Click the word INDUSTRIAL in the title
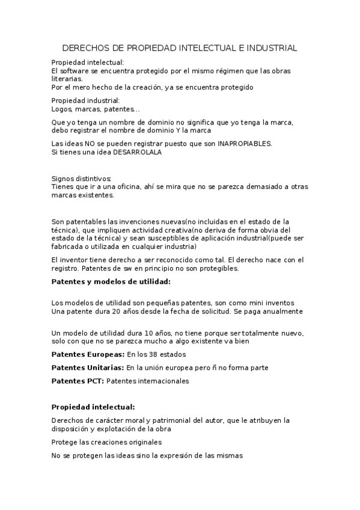tap(268, 48)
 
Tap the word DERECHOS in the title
tap(84, 48)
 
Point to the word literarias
tap(67, 79)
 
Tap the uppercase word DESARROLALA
tap(129, 152)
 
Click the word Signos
tap(63, 179)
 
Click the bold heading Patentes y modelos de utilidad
tap(111, 281)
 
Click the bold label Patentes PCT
tap(78, 381)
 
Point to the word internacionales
tap(162, 381)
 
